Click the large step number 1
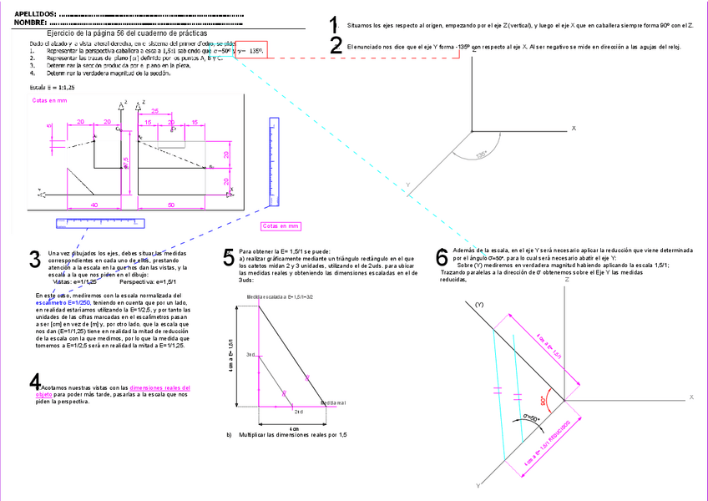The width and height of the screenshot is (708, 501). [x=334, y=25]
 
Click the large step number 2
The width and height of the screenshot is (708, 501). [x=336, y=47]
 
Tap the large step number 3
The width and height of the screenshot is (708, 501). [x=35, y=259]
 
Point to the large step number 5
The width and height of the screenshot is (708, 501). [x=229, y=257]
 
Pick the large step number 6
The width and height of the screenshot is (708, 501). [x=442, y=256]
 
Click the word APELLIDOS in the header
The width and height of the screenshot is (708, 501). [x=36, y=14]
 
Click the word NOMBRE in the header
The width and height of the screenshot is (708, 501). [x=31, y=23]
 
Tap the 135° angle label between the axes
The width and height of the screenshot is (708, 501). [x=481, y=154]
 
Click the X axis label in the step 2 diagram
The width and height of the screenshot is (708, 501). [x=574, y=128]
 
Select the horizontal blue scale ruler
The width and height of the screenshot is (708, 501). [x=99, y=223]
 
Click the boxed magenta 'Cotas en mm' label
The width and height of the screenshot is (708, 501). [x=281, y=226]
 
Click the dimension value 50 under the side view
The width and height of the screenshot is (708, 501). [x=170, y=204]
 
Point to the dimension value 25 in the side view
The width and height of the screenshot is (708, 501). [x=155, y=110]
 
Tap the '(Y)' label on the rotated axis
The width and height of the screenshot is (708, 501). [x=479, y=306]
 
